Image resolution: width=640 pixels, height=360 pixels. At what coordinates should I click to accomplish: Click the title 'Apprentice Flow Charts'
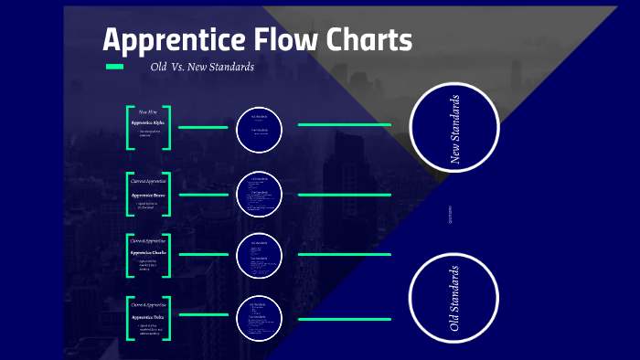pyautogui.click(x=257, y=40)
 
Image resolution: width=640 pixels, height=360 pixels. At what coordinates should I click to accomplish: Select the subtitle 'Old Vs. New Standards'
pyautogui.click(x=202, y=68)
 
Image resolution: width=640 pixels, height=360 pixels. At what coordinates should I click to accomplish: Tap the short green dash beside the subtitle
pyautogui.click(x=114, y=67)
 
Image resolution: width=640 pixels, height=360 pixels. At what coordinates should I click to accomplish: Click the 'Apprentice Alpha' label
pyautogui.click(x=148, y=122)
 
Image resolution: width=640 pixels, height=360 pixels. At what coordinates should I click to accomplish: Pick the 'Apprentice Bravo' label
pyautogui.click(x=148, y=195)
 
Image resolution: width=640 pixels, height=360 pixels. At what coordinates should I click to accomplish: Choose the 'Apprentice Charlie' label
pyautogui.click(x=148, y=252)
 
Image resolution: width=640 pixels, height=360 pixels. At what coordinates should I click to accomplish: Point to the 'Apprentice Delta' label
pyautogui.click(x=148, y=316)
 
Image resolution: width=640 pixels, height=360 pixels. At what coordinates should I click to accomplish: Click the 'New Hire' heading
pyautogui.click(x=147, y=111)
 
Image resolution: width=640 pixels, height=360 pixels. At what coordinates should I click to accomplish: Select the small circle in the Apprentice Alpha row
pyautogui.click(x=259, y=128)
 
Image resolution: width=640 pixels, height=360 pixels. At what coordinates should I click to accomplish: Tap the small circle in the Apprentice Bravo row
pyautogui.click(x=259, y=194)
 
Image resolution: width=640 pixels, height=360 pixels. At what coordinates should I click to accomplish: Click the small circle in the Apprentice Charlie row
pyautogui.click(x=259, y=255)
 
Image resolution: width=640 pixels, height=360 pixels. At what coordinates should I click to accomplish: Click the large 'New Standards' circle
pyautogui.click(x=454, y=129)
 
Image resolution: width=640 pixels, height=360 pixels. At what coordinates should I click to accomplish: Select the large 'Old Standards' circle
pyautogui.click(x=454, y=298)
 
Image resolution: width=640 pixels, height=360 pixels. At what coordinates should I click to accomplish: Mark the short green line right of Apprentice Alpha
pyautogui.click(x=203, y=127)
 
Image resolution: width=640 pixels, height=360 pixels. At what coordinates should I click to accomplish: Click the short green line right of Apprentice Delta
pyautogui.click(x=203, y=314)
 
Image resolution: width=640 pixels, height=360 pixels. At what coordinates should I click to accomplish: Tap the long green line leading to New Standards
pyautogui.click(x=344, y=124)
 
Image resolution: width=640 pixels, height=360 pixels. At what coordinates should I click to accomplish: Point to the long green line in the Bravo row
pyautogui.click(x=344, y=195)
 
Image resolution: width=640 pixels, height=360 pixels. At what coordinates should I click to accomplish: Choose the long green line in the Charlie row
pyautogui.click(x=344, y=255)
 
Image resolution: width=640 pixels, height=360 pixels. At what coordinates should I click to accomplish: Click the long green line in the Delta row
pyautogui.click(x=344, y=319)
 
